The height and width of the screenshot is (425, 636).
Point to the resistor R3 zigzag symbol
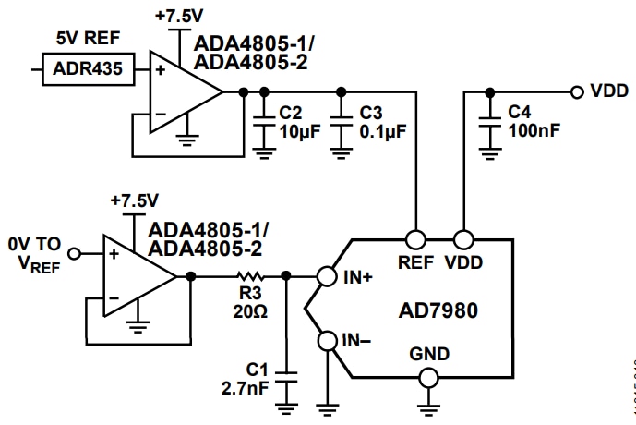249,275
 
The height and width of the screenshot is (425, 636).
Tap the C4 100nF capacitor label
533,121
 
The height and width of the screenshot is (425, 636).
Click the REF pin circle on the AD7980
417,238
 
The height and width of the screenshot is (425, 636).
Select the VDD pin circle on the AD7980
462,238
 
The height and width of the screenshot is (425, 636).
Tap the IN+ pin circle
325,275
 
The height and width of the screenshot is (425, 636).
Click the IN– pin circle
325,343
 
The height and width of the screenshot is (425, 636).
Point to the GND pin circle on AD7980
427,377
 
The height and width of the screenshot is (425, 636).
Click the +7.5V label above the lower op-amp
134,200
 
